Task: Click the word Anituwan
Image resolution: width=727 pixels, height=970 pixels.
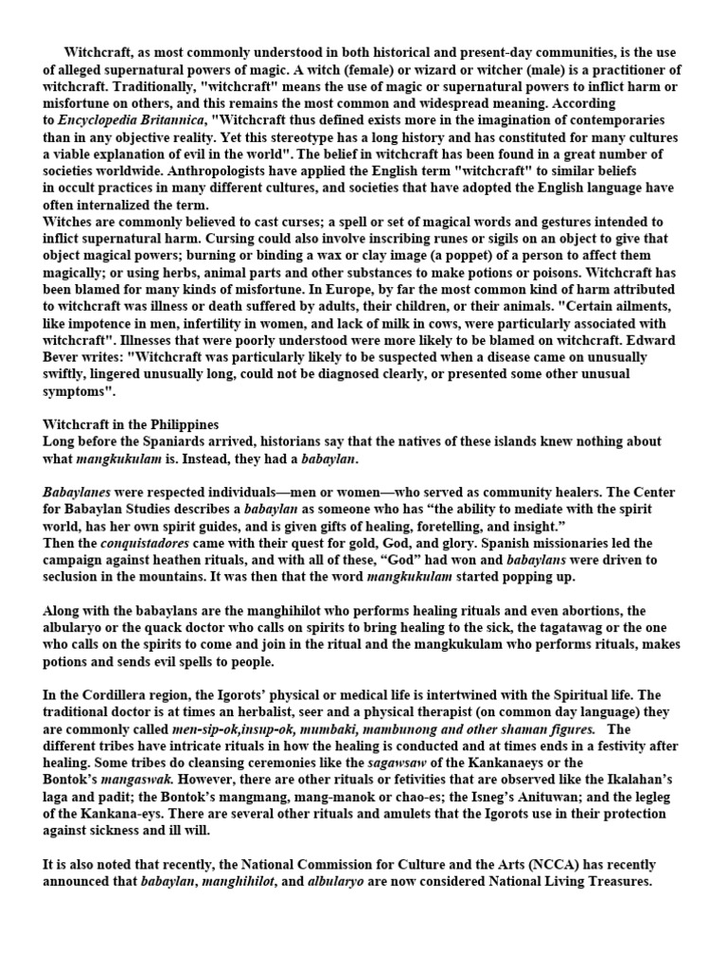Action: point(553,797)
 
